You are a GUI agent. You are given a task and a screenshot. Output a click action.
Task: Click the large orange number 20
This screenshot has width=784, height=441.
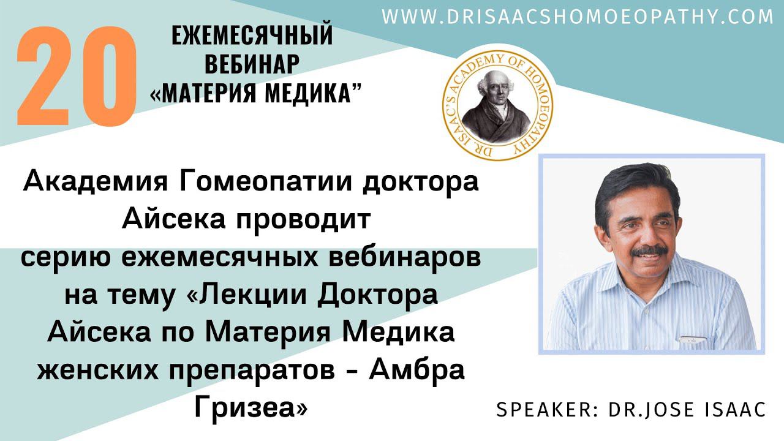click(77, 76)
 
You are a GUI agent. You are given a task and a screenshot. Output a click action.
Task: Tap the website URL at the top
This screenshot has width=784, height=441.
click(578, 17)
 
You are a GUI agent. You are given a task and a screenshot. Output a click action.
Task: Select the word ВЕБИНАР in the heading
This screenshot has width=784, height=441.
click(252, 64)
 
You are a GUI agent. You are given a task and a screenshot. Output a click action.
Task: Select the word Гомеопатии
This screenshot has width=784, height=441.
click(265, 183)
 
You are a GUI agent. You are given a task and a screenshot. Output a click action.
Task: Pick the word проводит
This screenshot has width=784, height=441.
click(303, 221)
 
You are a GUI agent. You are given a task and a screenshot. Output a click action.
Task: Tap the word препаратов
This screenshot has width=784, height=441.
click(252, 371)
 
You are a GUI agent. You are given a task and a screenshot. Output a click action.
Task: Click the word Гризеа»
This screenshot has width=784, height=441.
click(251, 408)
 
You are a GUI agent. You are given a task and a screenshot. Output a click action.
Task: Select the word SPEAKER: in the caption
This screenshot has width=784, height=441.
click(547, 410)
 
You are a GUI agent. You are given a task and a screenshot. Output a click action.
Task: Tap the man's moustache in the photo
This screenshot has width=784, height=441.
click(650, 251)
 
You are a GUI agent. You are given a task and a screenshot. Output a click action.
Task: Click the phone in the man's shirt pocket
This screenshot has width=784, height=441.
click(693, 339)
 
